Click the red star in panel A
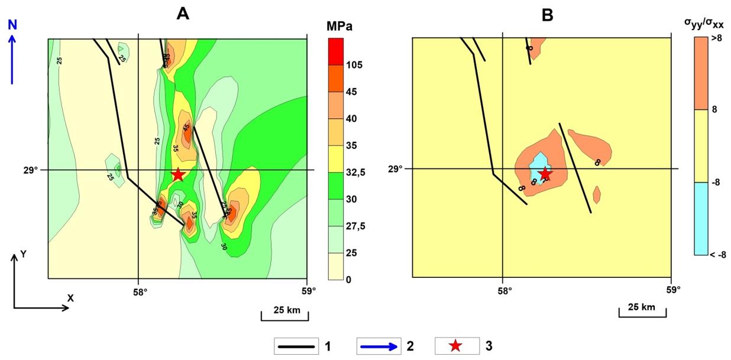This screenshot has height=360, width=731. [178, 174]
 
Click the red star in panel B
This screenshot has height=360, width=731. [545, 174]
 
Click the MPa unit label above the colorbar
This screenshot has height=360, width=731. [339, 27]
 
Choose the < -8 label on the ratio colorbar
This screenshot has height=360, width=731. [718, 255]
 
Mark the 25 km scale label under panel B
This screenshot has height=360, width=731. [642, 307]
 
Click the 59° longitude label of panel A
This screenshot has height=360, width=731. [308, 291]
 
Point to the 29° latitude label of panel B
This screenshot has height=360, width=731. [396, 168]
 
